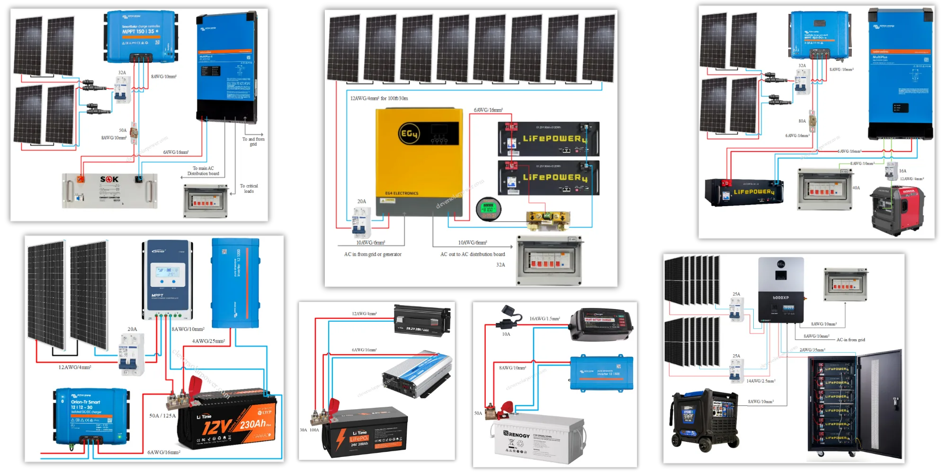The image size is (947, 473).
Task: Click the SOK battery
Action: point(110,191)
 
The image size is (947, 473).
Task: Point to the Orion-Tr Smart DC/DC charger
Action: point(91,416)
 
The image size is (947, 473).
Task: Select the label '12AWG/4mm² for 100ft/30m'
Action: point(379,98)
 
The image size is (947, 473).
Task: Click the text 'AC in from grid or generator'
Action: point(373,254)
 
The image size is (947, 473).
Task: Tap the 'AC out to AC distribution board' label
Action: point(473,254)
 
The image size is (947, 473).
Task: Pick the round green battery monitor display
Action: point(488,209)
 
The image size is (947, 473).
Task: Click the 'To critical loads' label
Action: point(249,189)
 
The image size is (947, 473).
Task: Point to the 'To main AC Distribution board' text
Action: point(203,171)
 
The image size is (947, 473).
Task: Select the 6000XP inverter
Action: point(781,289)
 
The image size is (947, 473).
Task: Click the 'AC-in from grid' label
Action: point(850,340)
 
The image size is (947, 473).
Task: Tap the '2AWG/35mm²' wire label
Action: point(812,350)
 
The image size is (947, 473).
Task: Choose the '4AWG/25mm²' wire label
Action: point(208,341)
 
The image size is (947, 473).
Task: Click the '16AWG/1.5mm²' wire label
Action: point(545,319)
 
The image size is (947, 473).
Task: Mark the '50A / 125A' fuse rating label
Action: point(162,416)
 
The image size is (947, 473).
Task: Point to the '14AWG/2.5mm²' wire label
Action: point(761,381)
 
